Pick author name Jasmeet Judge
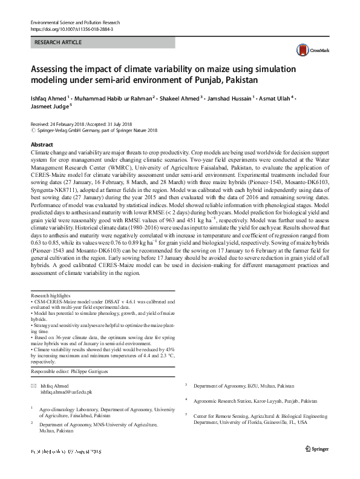point(50,106)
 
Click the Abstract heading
point(42,145)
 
